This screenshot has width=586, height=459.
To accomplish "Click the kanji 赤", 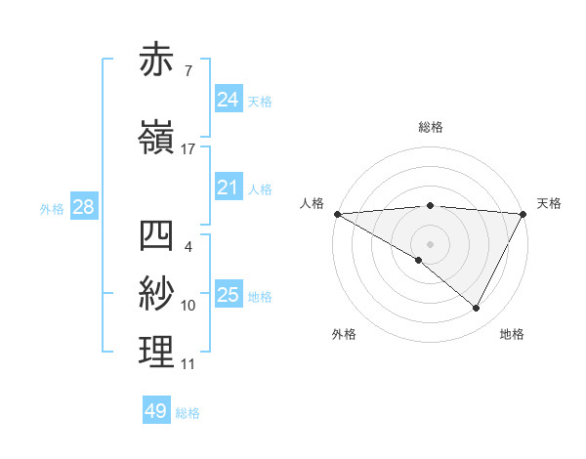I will [x=157, y=62].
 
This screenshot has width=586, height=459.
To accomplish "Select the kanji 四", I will [x=157, y=235].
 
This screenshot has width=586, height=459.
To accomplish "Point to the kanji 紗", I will [x=157, y=294].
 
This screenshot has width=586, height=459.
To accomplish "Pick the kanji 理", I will [x=157, y=352].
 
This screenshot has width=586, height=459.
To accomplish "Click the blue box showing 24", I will [x=228, y=99].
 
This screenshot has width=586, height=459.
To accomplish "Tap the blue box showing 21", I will [x=228, y=188].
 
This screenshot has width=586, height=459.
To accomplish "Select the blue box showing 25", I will [x=228, y=295].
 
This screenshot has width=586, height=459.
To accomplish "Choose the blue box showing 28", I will [x=83, y=207].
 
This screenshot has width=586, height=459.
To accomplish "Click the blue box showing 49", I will [x=156, y=411].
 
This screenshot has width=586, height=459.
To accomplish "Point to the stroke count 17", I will [x=188, y=149].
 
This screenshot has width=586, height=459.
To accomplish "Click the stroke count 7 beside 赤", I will [x=188, y=70].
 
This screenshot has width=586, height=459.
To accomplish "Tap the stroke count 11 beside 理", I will [x=188, y=364].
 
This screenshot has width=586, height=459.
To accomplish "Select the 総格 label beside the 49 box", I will [x=188, y=413].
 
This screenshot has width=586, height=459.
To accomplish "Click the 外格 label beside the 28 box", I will [x=52, y=208].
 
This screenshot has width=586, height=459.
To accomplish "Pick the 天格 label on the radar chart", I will [x=549, y=203].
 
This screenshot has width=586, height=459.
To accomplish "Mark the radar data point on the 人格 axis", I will [x=337, y=214].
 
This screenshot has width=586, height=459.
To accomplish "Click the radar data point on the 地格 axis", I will [x=477, y=309].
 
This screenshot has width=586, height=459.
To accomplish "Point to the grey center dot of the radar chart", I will [x=430, y=243].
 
